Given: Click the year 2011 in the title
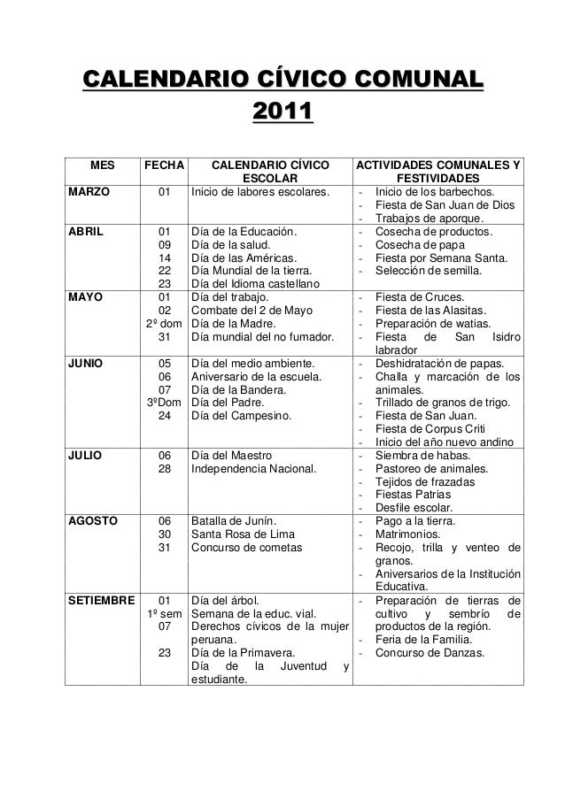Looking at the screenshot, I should coord(282,113).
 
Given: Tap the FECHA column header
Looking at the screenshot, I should coord(164,165).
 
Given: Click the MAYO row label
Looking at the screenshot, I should coord(83,297).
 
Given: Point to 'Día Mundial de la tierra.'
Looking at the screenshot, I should coord(251,271).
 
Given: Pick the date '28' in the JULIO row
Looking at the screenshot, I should coord(164,468).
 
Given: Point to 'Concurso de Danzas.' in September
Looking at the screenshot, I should coord(430,653).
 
